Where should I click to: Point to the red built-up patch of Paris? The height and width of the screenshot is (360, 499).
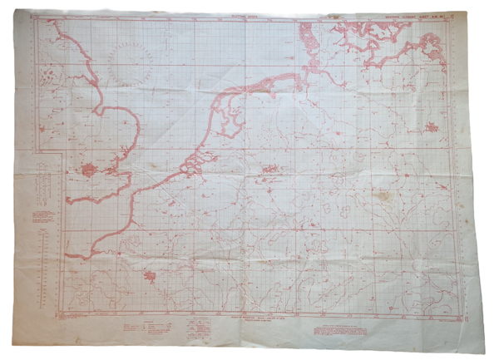tap(150, 276)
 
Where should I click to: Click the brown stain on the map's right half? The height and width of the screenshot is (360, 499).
tap(384, 197)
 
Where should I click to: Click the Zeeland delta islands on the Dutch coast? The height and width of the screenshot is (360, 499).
tap(192, 165)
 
